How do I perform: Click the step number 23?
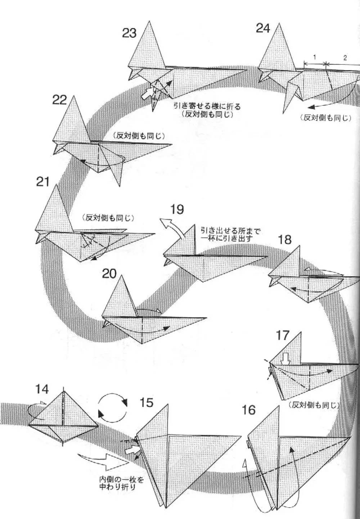(129, 33)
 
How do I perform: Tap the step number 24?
(263, 28)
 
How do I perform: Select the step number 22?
(60, 100)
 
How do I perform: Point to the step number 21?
(42, 182)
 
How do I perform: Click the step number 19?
(177, 209)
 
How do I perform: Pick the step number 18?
(284, 239)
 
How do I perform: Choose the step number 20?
(109, 274)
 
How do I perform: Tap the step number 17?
(283, 335)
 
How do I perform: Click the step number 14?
(42, 389)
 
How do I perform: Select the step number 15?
(147, 402)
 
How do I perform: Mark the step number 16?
(248, 410)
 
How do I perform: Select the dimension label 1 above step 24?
(315, 57)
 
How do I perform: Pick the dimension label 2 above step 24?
(345, 58)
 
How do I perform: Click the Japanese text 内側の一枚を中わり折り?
(117, 484)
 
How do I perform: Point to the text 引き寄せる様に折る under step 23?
(207, 107)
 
